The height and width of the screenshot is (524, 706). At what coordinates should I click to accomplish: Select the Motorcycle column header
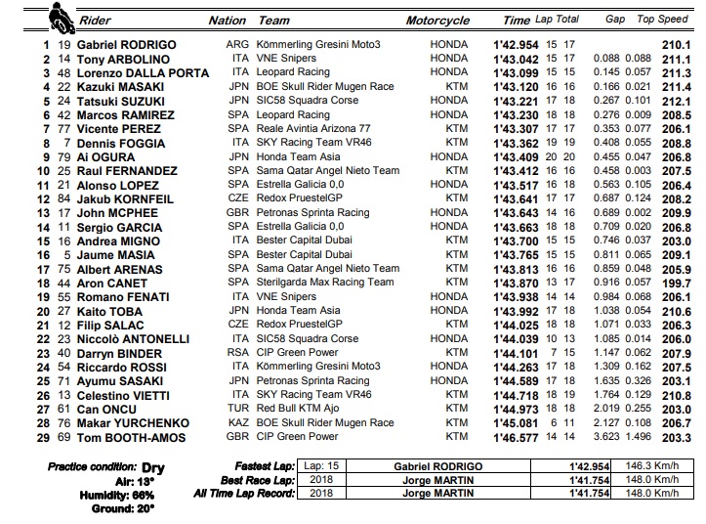pos(437,21)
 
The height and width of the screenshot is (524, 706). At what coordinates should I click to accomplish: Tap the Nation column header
pos(228,21)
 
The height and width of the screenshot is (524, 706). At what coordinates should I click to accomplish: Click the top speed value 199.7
pos(673,284)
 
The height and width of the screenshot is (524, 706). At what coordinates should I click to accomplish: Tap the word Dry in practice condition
pos(153,467)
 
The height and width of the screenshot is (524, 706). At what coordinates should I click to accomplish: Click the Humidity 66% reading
pos(122,495)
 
